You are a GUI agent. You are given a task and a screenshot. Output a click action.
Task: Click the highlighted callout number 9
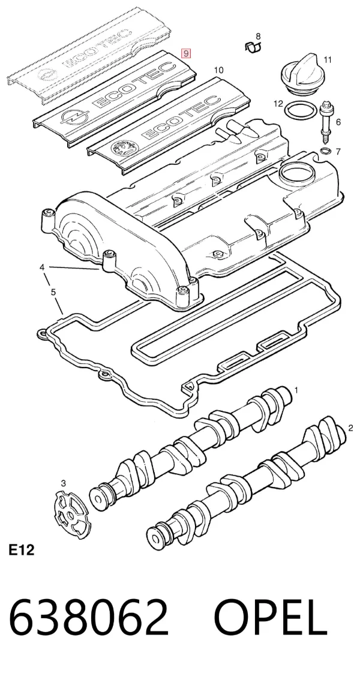click(x=185, y=53)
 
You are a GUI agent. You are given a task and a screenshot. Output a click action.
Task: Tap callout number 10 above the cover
click(x=218, y=70)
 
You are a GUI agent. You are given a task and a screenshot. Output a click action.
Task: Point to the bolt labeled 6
click(x=326, y=122)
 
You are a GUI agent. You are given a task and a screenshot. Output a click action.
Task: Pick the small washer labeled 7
click(x=326, y=151)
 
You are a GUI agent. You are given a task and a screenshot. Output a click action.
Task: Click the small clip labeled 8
click(x=253, y=46)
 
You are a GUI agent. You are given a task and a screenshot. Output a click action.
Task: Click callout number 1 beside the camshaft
click(x=296, y=390)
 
